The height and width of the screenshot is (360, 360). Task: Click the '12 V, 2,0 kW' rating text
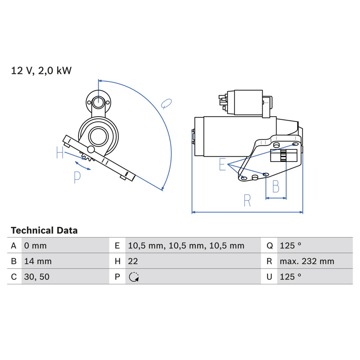coord(41,71)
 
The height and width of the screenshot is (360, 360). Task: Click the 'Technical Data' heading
coord(44,230)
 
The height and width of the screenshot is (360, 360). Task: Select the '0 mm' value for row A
coord(36,246)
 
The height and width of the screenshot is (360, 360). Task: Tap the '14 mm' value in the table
coord(38,261)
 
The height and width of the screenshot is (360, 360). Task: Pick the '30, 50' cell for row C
coord(37,277)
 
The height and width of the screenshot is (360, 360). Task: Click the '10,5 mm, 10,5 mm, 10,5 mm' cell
coord(186,246)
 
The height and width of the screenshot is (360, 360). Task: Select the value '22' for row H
coord(133,261)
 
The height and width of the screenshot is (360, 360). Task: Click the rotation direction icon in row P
coord(134,277)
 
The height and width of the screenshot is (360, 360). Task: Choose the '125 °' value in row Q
coord(290,246)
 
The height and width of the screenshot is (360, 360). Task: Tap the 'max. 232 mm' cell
coord(307,261)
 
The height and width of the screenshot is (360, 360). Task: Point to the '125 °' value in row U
coord(290,277)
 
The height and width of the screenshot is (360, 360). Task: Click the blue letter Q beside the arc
coord(166,104)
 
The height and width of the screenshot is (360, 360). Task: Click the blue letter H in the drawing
coord(60,153)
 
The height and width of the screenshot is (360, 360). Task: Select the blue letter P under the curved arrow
coord(77,177)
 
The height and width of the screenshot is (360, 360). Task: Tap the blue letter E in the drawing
coord(222,164)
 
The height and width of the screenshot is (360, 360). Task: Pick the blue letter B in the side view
coord(276,186)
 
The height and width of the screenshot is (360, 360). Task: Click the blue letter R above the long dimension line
coord(247,200)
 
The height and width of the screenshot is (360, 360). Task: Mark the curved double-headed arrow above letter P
coord(83,166)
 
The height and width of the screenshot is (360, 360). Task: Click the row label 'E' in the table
coord(117,246)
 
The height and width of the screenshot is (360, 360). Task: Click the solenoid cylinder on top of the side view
coord(248,103)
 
